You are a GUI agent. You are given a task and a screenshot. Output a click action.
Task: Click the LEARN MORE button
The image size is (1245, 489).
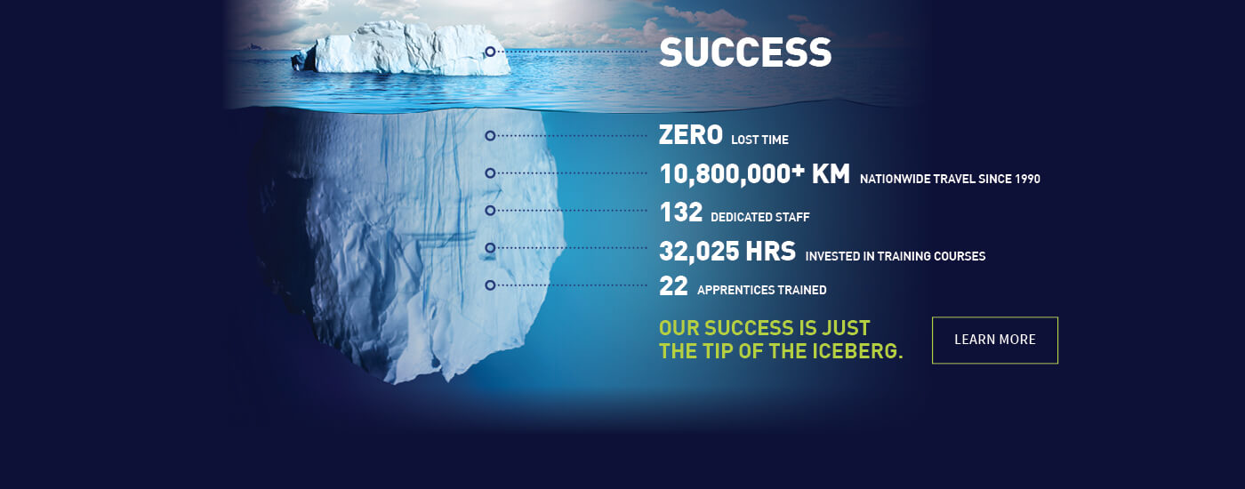[x=995, y=340]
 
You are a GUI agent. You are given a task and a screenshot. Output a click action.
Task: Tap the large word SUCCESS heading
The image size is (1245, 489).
[x=745, y=52]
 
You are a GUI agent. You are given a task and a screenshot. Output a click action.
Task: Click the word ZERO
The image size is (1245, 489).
[x=690, y=135]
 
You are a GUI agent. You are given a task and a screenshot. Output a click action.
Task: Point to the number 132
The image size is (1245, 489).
[x=681, y=212]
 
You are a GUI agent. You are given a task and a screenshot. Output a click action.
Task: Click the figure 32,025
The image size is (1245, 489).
[x=699, y=252]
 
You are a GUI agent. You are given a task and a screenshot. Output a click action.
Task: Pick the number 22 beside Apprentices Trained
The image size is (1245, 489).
[x=674, y=286]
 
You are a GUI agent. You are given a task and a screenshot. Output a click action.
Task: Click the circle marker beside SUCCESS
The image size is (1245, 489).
[x=490, y=52]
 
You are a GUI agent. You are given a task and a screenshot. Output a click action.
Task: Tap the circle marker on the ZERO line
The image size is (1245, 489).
[x=490, y=135]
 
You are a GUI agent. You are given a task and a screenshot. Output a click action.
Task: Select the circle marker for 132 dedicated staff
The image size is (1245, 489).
[x=490, y=211]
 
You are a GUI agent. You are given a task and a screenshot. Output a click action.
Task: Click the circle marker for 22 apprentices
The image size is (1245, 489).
[x=490, y=285]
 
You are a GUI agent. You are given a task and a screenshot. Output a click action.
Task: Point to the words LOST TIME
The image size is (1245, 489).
[x=759, y=140]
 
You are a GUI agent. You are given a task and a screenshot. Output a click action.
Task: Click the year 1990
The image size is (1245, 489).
[x=1027, y=179]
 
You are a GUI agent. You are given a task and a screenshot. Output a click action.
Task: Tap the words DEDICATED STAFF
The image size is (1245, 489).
[x=759, y=217]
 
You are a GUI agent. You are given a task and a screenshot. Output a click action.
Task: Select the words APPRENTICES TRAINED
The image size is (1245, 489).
[x=762, y=290]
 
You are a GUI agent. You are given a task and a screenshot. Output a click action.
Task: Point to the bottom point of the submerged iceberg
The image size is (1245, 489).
[x=395, y=383]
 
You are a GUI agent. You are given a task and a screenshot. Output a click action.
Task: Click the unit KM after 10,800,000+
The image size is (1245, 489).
[x=831, y=174]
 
